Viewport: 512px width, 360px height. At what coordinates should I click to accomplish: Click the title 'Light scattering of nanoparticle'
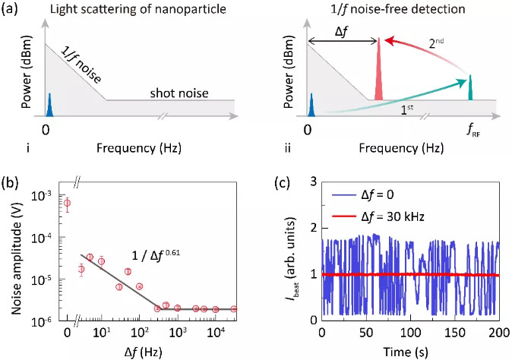click(130, 9)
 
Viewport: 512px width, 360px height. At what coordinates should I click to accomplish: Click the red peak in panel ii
click(378, 72)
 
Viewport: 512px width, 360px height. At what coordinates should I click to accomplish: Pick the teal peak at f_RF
click(470, 87)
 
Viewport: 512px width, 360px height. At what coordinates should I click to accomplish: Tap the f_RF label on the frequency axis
click(471, 126)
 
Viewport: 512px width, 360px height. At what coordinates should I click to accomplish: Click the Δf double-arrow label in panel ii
click(340, 33)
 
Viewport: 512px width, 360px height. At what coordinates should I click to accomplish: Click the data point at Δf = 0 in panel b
click(68, 203)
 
